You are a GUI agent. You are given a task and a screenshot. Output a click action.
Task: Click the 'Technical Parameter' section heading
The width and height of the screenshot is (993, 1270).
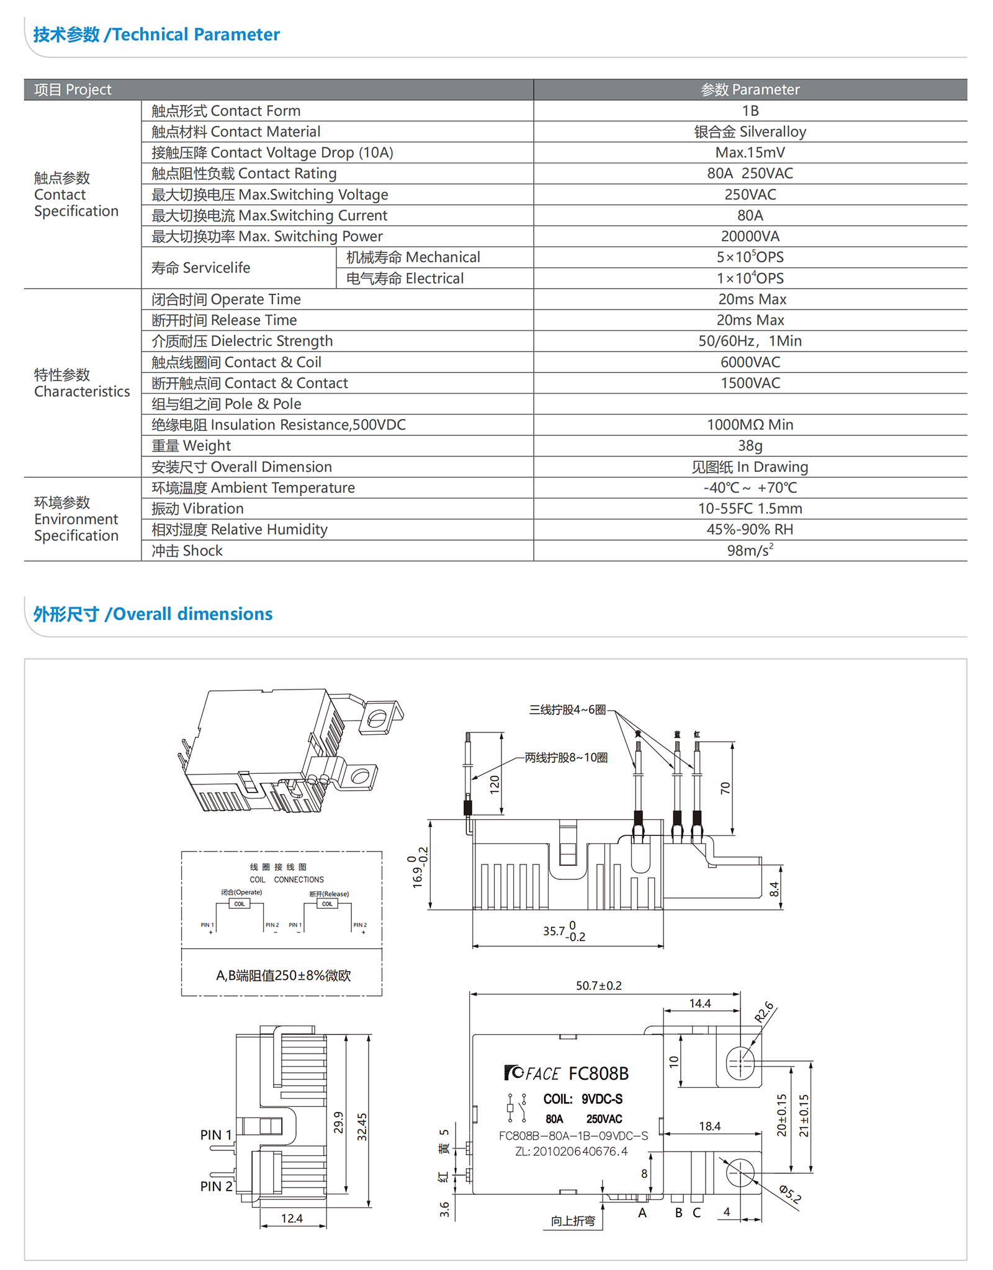pos(156,35)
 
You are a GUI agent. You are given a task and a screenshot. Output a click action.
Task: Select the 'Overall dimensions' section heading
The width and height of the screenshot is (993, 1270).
pos(153,614)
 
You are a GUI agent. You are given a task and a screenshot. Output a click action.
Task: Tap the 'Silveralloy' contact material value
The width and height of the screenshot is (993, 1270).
pos(750,131)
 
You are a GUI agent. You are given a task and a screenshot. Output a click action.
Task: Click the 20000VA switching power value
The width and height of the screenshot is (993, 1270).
pos(750,236)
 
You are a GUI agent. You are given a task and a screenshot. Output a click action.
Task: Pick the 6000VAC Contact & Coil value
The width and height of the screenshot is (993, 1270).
pos(750,362)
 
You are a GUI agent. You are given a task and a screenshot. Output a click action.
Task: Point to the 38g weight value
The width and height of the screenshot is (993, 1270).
pos(750,446)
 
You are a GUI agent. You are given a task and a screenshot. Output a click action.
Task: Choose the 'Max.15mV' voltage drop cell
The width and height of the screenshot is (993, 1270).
pos(750,153)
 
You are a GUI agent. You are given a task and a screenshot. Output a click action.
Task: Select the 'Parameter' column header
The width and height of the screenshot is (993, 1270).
pos(750,90)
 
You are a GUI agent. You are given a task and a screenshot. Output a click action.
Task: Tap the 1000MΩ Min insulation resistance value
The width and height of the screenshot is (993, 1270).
pos(750,425)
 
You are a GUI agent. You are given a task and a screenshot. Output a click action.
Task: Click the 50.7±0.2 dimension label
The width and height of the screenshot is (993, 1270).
pos(598,985)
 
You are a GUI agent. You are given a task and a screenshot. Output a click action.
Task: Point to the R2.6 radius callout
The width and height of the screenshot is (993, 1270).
pos(765,1012)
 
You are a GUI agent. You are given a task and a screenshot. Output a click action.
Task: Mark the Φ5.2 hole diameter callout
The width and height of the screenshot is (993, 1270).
pos(790,1193)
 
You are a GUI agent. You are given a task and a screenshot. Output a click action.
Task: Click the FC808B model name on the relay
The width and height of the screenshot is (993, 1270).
pos(598,1073)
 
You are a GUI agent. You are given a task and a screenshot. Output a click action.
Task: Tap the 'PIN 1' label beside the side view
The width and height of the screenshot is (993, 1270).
pos(215,1135)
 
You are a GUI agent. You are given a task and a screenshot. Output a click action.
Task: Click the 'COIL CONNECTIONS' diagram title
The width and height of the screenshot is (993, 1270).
pos(286,879)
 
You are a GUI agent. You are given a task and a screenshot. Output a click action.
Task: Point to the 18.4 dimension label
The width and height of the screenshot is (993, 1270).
pos(709,1126)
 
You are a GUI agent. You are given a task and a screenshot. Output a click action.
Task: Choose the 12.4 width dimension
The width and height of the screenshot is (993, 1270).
pos(292,1219)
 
